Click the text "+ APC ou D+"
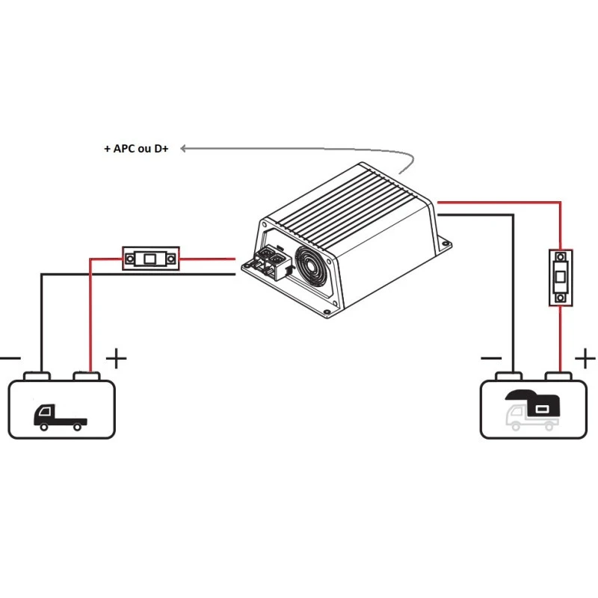click(136, 149)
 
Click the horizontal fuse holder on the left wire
click(150, 259)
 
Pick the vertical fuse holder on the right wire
click(561, 277)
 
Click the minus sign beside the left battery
click(9, 359)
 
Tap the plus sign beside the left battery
click(116, 359)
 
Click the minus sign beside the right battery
click(491, 359)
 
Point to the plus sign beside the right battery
click(585, 359)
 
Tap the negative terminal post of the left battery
click(36, 375)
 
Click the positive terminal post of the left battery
click(87, 375)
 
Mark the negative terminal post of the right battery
click(508, 375)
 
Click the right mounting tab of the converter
click(446, 244)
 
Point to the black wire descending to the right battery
click(514, 299)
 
